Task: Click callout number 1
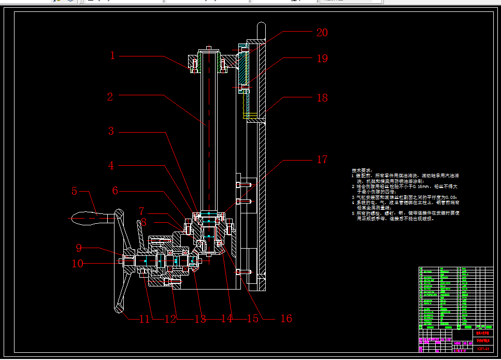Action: pos(112,55)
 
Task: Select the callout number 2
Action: pos(110,96)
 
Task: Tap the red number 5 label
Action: pos(74,192)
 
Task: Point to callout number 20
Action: pos(322,33)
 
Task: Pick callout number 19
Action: pos(322,59)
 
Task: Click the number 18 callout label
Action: pos(322,97)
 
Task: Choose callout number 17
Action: pos(322,160)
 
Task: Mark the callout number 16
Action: pos(286,319)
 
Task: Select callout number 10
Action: pos(77,264)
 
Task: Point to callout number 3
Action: pos(111,131)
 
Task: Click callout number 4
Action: pos(111,166)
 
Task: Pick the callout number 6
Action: pos(116,191)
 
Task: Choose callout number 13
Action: pos(200,319)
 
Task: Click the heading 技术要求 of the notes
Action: pos(362,170)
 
